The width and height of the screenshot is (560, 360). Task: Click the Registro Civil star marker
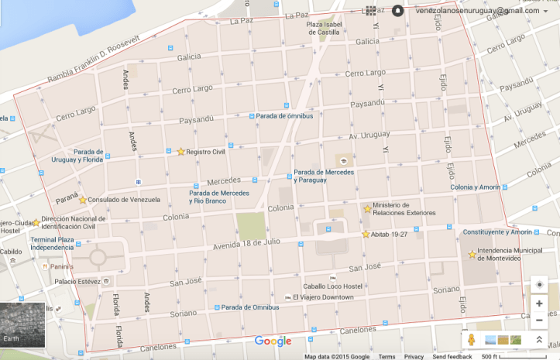pyautogui.click(x=180, y=152)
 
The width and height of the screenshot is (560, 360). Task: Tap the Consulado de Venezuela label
pyautogui.click(x=123, y=200)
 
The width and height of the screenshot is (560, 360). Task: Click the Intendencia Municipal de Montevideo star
pyautogui.click(x=472, y=254)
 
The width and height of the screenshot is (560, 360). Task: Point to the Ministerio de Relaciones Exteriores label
pyautogui.click(x=404, y=208)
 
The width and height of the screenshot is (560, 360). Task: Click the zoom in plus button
pyautogui.click(x=539, y=303)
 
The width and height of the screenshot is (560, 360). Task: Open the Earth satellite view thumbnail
pyautogui.click(x=22, y=324)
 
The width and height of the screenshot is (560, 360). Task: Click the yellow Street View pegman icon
pyautogui.click(x=469, y=340)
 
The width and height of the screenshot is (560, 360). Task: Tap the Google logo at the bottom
pyautogui.click(x=273, y=341)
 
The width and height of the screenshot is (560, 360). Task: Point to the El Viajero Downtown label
pyautogui.click(x=323, y=297)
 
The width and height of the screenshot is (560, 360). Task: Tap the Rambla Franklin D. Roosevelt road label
pyautogui.click(x=94, y=59)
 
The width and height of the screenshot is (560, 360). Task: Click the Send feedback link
pyautogui.click(x=452, y=356)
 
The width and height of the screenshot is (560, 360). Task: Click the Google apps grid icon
pyautogui.click(x=371, y=11)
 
